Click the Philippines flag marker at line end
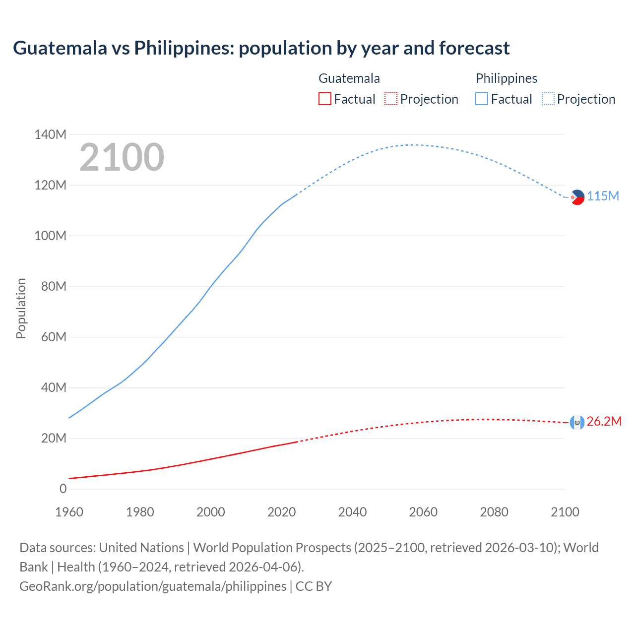[x=577, y=197]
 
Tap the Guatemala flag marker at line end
[x=577, y=422]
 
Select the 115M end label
[x=603, y=196]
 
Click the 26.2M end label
[x=604, y=421]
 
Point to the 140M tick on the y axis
[x=50, y=134]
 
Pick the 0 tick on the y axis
[x=63, y=489]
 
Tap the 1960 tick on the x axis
[x=69, y=512]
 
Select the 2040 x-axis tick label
[x=352, y=512]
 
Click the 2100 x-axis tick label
[x=565, y=512]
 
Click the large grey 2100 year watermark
[x=122, y=157]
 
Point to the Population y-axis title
[x=21, y=308]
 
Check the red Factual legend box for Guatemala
[x=324, y=99]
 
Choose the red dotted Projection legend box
[x=391, y=99]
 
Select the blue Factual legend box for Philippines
[x=482, y=99]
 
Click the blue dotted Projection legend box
[x=548, y=99]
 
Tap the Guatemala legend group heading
[x=349, y=78]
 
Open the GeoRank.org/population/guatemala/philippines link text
[x=153, y=586]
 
